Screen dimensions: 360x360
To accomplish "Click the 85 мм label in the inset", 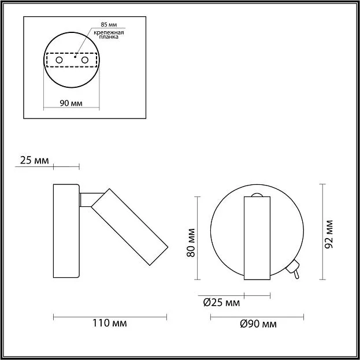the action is point(109,25).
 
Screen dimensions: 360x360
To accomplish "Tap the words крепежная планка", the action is point(109,35).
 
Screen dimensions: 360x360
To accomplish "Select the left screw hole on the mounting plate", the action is point(60,60).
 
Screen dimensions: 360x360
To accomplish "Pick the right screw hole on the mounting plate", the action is point(85,60).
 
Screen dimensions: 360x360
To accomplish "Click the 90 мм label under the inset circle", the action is point(71,103).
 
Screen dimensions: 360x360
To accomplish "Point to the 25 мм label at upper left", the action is point(35,160).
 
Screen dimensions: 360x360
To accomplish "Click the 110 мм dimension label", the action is point(110,323).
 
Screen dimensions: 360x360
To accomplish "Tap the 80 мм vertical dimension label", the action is point(191,243).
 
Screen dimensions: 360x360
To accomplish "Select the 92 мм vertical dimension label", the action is point(329,234).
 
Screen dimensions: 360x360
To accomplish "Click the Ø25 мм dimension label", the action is point(221,303).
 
